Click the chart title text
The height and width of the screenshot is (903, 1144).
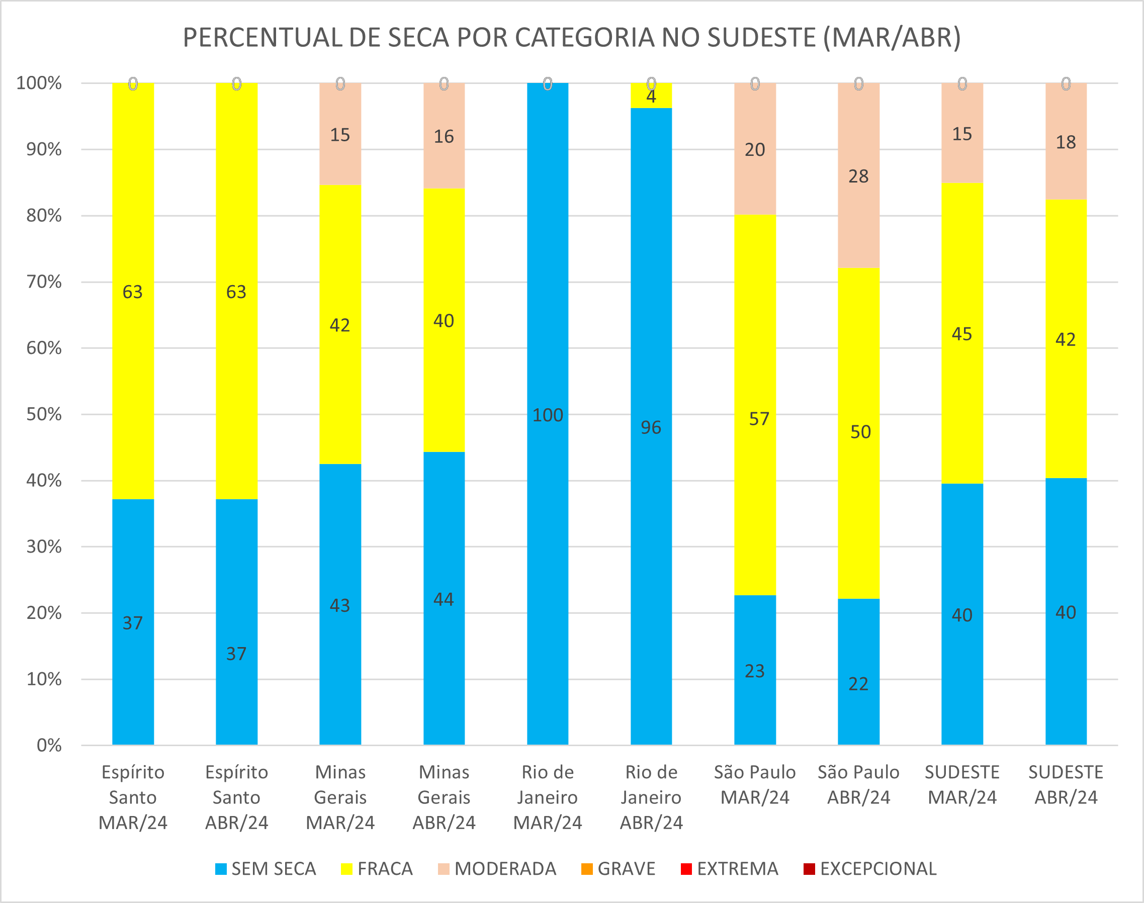click(x=571, y=38)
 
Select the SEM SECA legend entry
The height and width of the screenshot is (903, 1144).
click(x=266, y=869)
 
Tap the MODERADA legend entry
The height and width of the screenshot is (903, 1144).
click(x=497, y=869)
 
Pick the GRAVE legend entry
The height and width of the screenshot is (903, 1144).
click(x=618, y=869)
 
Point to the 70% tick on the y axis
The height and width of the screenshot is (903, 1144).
click(x=44, y=282)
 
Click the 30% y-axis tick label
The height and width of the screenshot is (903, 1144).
click(x=44, y=547)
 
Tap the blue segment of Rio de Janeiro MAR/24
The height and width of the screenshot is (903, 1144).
click(x=548, y=476)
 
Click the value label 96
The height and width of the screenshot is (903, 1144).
click(x=651, y=428)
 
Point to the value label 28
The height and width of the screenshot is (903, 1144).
click(x=858, y=176)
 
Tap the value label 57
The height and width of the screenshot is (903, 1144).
click(x=759, y=419)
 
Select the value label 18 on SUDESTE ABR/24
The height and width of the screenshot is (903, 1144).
click(x=1066, y=142)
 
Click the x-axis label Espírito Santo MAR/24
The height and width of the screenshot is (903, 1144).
click(x=133, y=797)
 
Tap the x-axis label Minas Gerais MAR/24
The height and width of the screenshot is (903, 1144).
click(x=340, y=797)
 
